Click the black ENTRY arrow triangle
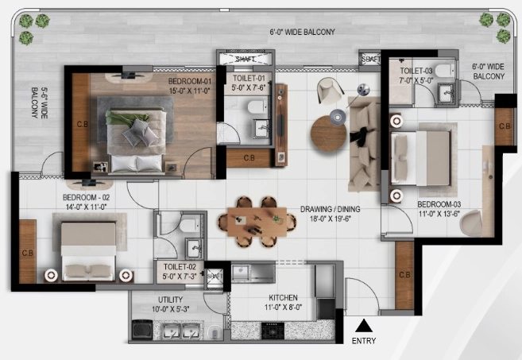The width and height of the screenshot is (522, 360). pyautogui.click(x=364, y=326)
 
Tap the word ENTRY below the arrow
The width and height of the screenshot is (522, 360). pyautogui.click(x=364, y=341)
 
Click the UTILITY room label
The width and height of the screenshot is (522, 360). pyautogui.click(x=170, y=300)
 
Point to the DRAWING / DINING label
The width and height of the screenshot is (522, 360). pyautogui.click(x=331, y=209)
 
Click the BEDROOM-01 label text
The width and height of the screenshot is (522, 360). pyautogui.click(x=190, y=81)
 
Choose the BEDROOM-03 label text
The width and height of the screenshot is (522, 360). pyautogui.click(x=439, y=204)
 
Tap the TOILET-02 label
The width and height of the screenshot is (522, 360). pyautogui.click(x=180, y=267)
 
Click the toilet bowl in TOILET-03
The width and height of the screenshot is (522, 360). pyautogui.click(x=444, y=70)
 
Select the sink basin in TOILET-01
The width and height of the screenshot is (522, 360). pyautogui.click(x=261, y=129)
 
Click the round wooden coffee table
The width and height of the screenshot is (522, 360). pyautogui.click(x=328, y=134)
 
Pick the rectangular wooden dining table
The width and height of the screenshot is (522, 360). pyautogui.click(x=257, y=222)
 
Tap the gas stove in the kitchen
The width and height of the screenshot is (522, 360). pyautogui.click(x=273, y=331)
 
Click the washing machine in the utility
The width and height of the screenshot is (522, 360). pyautogui.click(x=142, y=329)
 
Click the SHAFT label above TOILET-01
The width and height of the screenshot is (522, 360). pyautogui.click(x=246, y=60)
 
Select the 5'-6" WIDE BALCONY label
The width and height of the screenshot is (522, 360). pyautogui.click(x=39, y=103)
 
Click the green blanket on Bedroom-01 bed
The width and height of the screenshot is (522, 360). pyautogui.click(x=126, y=118)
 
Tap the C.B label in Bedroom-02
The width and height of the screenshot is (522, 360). pyautogui.click(x=28, y=253)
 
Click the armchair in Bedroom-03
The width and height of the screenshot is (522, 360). pyautogui.click(x=470, y=223)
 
